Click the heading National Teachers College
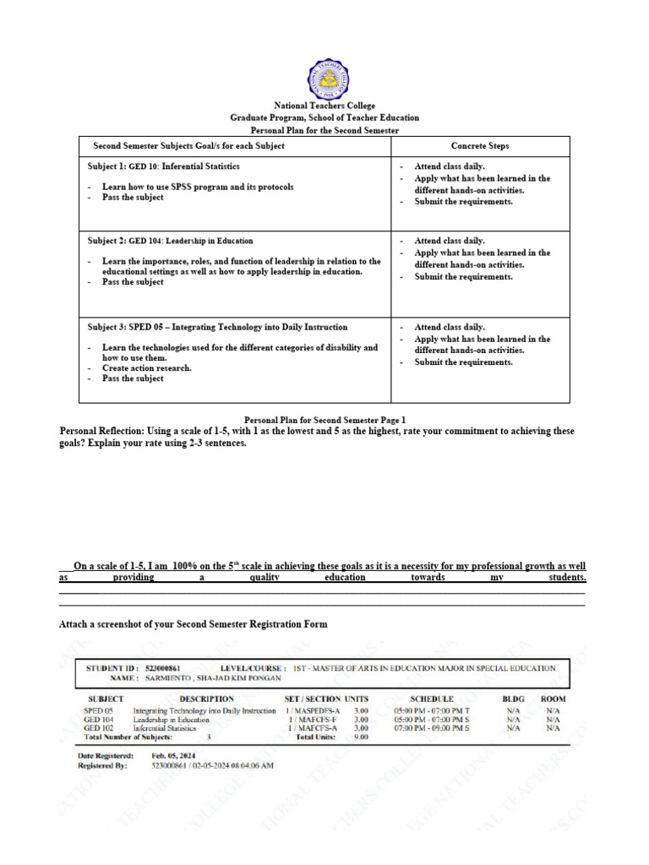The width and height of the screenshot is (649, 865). (324, 106)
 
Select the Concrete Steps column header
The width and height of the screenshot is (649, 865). (480, 146)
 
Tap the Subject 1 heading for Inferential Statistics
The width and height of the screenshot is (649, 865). (164, 166)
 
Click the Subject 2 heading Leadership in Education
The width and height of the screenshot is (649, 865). (170, 241)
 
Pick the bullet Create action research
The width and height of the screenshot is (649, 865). (146, 368)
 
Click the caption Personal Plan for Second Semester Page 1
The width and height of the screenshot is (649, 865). (324, 419)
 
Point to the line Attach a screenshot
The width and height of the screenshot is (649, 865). (193, 624)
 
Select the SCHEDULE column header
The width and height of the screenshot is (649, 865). (431, 699)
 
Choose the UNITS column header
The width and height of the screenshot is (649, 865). (357, 699)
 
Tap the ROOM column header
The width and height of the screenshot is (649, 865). (554, 699)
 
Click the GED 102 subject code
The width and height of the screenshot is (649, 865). (99, 727)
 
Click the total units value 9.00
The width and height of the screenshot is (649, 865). (360, 737)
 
